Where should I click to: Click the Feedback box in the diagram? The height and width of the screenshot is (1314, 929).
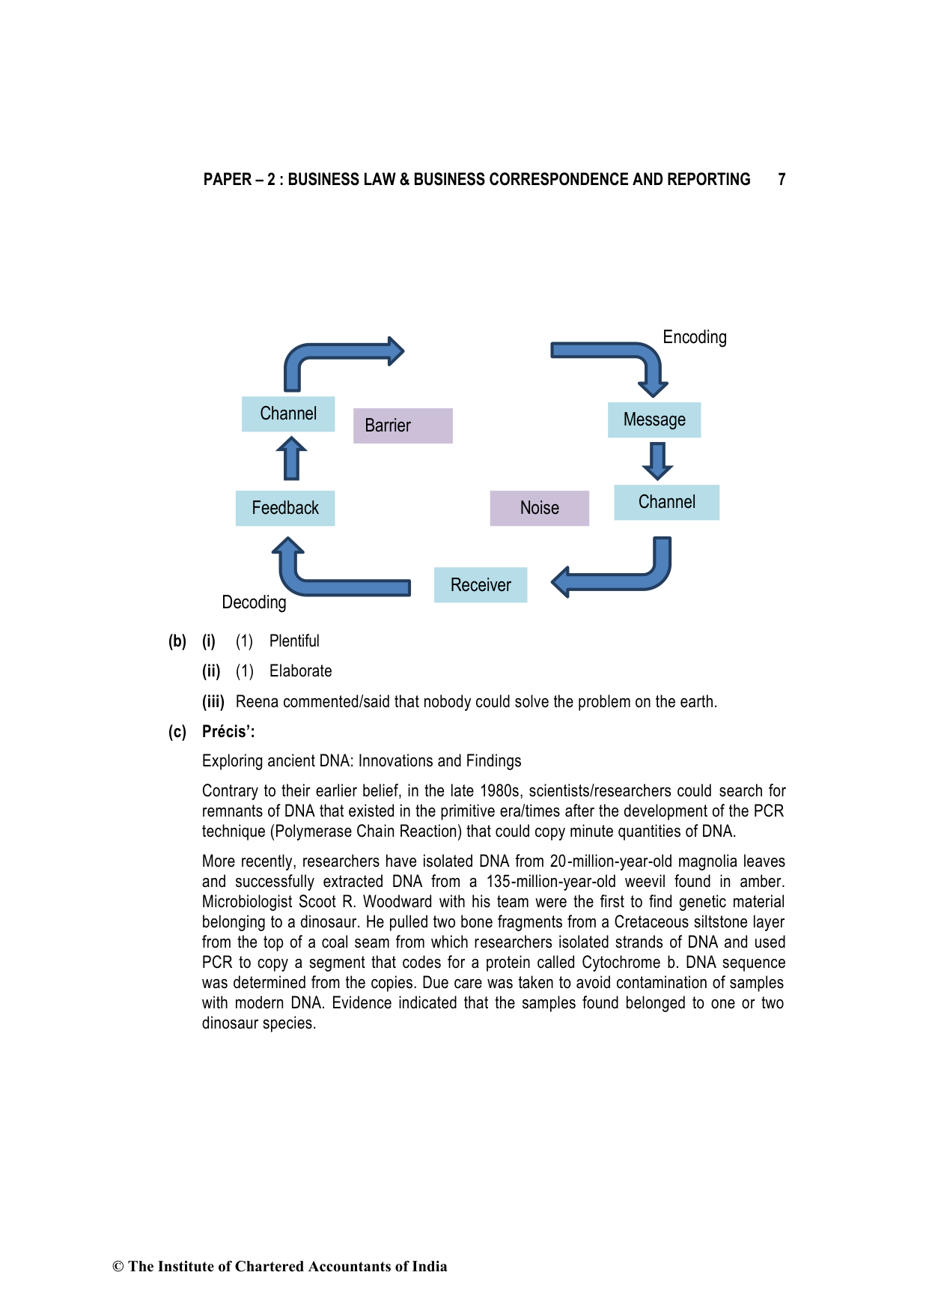tap(285, 508)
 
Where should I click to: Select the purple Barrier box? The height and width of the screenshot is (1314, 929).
tap(403, 426)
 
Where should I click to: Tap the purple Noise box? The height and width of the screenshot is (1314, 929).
tap(539, 508)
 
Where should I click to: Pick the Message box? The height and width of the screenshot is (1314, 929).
tap(654, 420)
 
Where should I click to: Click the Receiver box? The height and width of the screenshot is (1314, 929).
tap(481, 585)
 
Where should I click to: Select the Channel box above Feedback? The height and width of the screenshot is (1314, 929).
tap(288, 414)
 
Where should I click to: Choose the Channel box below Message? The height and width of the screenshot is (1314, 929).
tap(666, 502)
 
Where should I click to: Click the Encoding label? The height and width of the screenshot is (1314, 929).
tap(695, 337)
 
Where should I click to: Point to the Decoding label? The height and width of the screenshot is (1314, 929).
tap(254, 602)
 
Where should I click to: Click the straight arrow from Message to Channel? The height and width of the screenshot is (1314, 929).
tap(657, 461)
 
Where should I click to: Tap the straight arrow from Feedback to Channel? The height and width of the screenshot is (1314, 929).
tap(291, 458)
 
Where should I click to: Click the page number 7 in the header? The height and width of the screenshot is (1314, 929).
tap(782, 180)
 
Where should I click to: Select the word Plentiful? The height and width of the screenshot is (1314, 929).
tap(294, 641)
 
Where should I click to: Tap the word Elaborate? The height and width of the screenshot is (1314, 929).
tap(300, 671)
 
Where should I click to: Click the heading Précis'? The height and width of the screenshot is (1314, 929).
tap(228, 732)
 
